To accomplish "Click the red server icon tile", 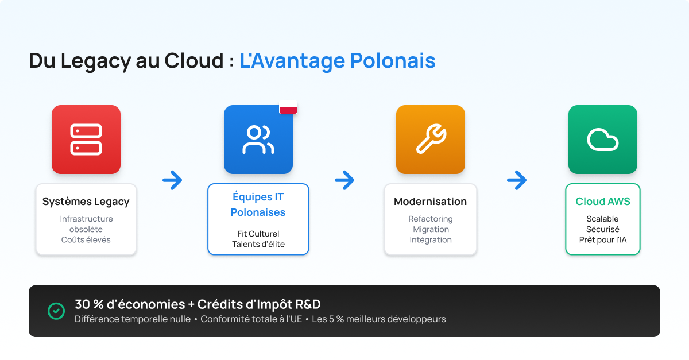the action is pyautogui.click(x=86, y=140).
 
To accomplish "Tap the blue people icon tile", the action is pyautogui.click(x=258, y=140).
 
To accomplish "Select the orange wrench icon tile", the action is pyautogui.click(x=431, y=140).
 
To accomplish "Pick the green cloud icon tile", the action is pyautogui.click(x=603, y=140).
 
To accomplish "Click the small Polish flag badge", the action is pyautogui.click(x=288, y=107).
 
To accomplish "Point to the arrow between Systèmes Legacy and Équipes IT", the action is pyautogui.click(x=172, y=180).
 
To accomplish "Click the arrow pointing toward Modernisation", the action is pyautogui.click(x=344, y=180).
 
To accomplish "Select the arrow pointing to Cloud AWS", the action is pyautogui.click(x=517, y=180).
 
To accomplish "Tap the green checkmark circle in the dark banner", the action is pyautogui.click(x=56, y=311).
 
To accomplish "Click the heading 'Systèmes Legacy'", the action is pyautogui.click(x=86, y=202).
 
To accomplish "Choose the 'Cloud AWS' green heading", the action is pyautogui.click(x=603, y=201).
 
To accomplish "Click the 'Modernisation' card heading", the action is pyautogui.click(x=430, y=201).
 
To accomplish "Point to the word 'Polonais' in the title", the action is pyautogui.click(x=393, y=60).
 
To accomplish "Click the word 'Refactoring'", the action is pyautogui.click(x=431, y=219).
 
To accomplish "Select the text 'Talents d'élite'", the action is pyautogui.click(x=258, y=244).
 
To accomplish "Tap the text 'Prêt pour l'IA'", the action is pyautogui.click(x=603, y=239).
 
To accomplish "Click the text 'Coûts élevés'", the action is pyautogui.click(x=86, y=239).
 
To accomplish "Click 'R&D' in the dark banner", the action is pyautogui.click(x=308, y=304).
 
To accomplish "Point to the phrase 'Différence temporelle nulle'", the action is pyautogui.click(x=133, y=319).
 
